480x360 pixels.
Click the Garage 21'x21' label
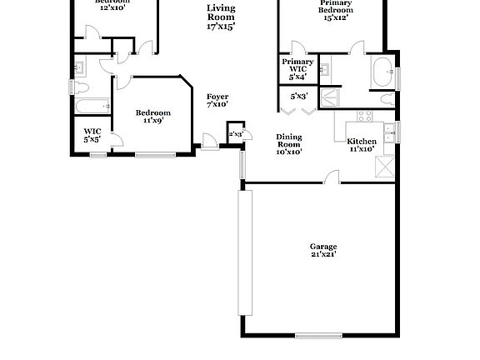(x=322, y=250)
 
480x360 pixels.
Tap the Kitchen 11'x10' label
(x=362, y=145)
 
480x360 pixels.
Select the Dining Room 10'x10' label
(x=288, y=144)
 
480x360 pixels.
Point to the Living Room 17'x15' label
(x=221, y=17)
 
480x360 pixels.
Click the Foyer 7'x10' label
(x=217, y=101)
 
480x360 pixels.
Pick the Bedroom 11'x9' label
(x=152, y=116)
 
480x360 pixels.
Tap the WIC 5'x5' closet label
(x=92, y=135)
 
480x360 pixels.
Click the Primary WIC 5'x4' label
(x=297, y=69)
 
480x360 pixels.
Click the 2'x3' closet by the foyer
(x=236, y=133)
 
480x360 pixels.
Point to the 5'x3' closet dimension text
(x=298, y=97)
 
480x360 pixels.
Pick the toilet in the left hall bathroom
(x=82, y=87)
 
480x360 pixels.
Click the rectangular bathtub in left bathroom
(x=92, y=106)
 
